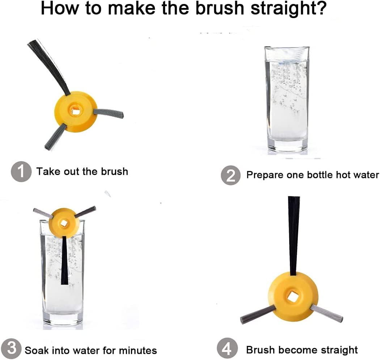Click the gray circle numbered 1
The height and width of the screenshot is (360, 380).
pyautogui.click(x=21, y=172)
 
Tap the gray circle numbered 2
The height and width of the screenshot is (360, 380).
pyautogui.click(x=231, y=175)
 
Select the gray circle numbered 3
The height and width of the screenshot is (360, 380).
pyautogui.click(x=11, y=349)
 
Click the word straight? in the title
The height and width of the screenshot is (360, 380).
pyautogui.click(x=289, y=9)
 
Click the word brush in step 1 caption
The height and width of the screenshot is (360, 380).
pyautogui.click(x=114, y=171)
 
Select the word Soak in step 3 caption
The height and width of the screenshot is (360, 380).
pyautogui.click(x=37, y=351)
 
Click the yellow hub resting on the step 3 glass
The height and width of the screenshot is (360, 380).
pyautogui.click(x=64, y=223)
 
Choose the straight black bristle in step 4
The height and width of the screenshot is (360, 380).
pyautogui.click(x=294, y=236)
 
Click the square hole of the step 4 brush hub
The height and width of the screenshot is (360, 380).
pyautogui.click(x=293, y=296)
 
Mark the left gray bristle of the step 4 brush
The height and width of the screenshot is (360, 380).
pyautogui.click(x=258, y=314)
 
